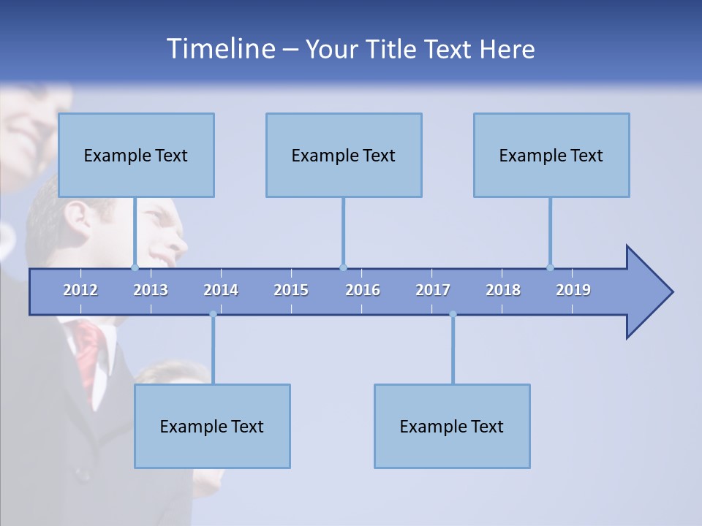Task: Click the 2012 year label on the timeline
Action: pyautogui.click(x=80, y=290)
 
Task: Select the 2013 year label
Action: pyautogui.click(x=151, y=290)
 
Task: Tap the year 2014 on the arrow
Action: pyautogui.click(x=221, y=290)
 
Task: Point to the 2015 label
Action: pyautogui.click(x=291, y=290)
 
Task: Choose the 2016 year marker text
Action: pyautogui.click(x=363, y=290)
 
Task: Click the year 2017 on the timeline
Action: pyautogui.click(x=433, y=290)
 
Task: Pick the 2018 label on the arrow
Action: pyautogui.click(x=503, y=290)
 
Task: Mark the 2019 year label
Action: pyautogui.click(x=573, y=290)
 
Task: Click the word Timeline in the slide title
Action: pyautogui.click(x=220, y=49)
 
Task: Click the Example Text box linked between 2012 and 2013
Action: pyautogui.click(x=135, y=155)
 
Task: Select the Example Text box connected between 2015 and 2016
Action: pyautogui.click(x=344, y=155)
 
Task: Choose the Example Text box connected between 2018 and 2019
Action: pyautogui.click(x=551, y=155)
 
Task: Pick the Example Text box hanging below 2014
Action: pyautogui.click(x=212, y=426)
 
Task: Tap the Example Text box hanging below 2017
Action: pyautogui.click(x=452, y=426)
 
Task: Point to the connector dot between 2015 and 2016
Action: pyautogui.click(x=343, y=267)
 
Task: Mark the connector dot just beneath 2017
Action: pyautogui.click(x=453, y=314)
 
